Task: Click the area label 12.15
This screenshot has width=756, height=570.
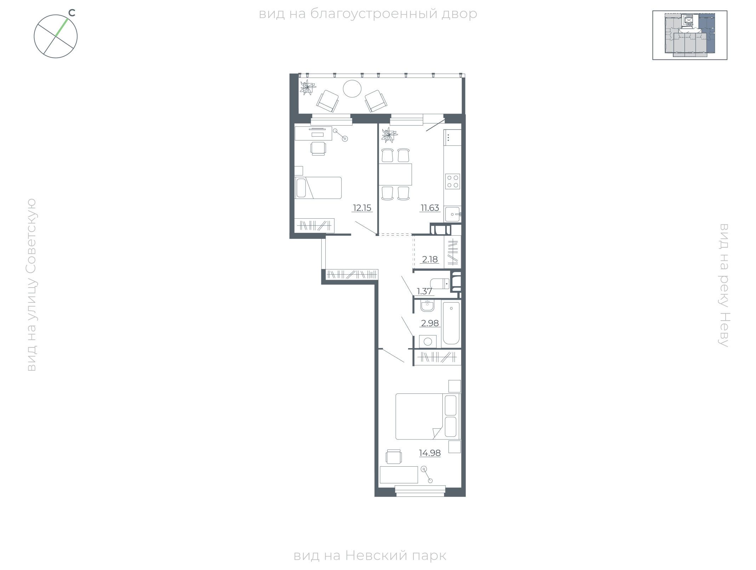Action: (362, 208)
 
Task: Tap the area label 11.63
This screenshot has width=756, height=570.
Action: (430, 208)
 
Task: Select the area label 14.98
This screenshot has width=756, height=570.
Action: (430, 453)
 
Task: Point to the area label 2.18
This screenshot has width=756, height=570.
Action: (430, 259)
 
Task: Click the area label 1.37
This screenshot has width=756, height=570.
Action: (424, 291)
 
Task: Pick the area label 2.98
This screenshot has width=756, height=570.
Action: (430, 323)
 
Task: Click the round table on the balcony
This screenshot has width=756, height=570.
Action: (352, 88)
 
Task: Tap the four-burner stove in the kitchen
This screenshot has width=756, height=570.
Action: (453, 182)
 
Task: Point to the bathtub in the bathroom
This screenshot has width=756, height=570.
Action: (451, 323)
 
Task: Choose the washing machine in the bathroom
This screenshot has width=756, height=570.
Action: (428, 341)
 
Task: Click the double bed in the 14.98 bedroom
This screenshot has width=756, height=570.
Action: (428, 416)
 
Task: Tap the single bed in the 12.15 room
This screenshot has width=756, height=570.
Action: (318, 188)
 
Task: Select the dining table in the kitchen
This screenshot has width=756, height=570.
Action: (395, 174)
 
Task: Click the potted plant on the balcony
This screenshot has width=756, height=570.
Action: (308, 87)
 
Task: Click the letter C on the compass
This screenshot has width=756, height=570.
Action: (72, 13)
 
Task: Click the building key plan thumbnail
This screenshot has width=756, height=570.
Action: (690, 35)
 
